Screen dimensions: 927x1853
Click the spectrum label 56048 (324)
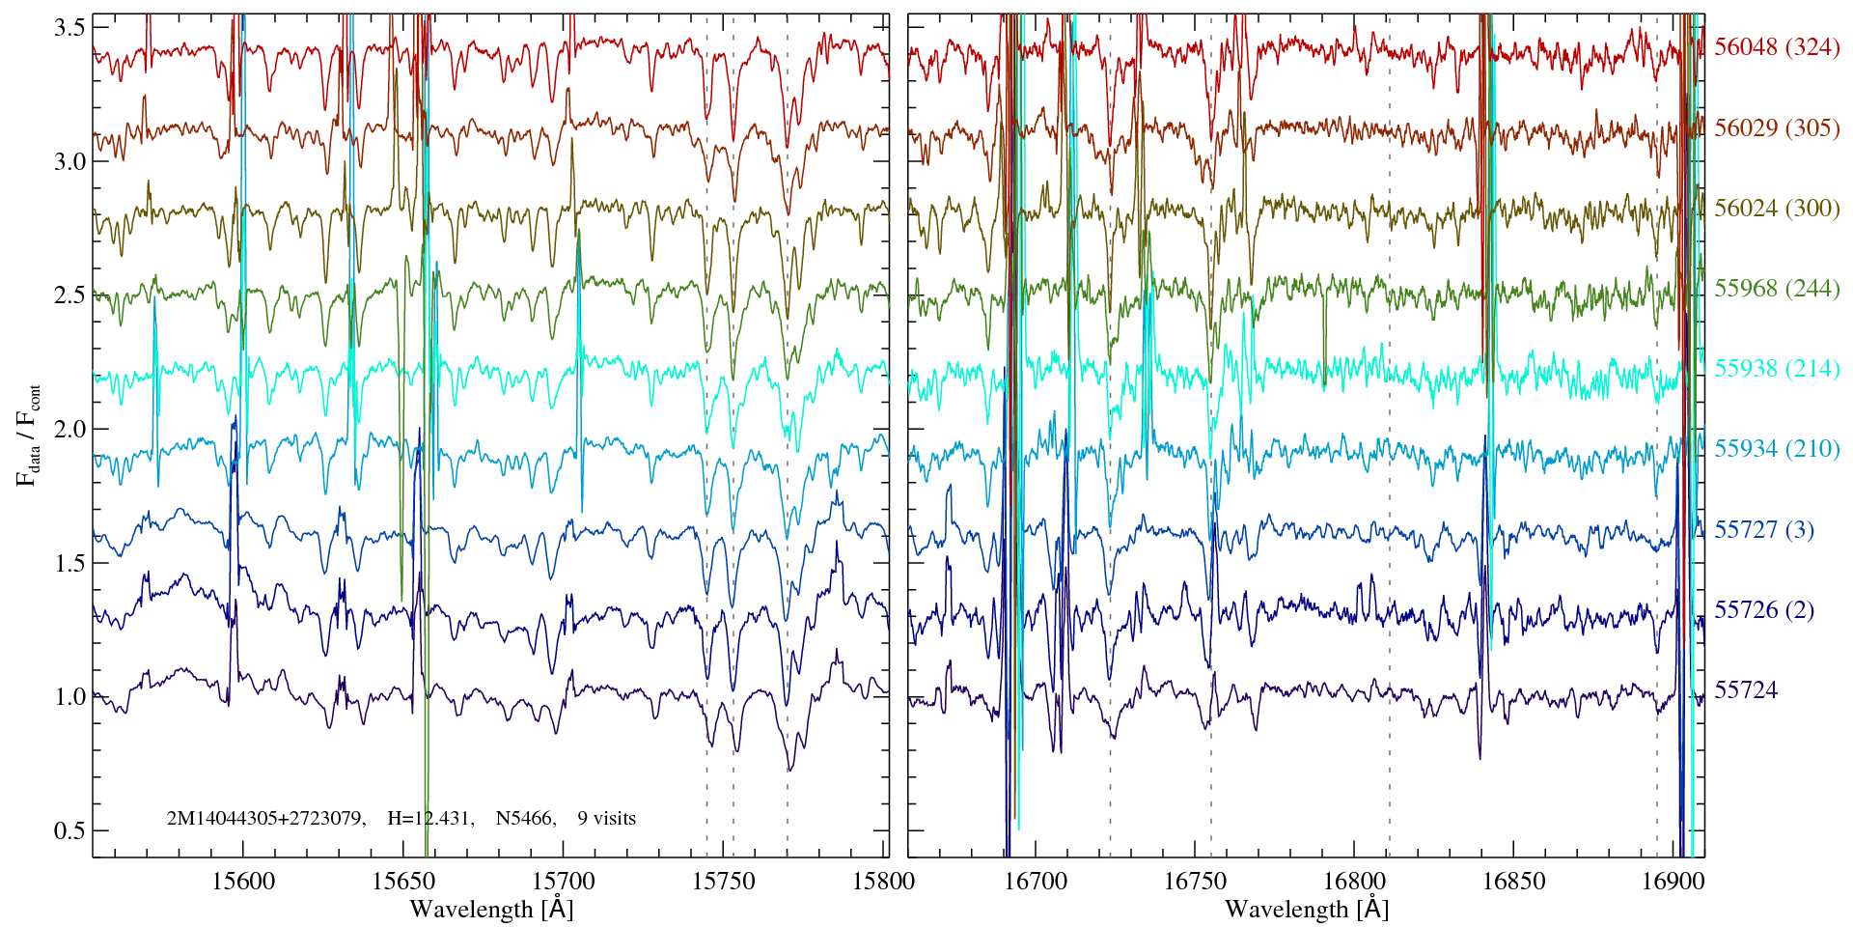click(x=1777, y=47)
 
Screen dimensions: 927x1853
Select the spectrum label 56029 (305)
click(x=1777, y=127)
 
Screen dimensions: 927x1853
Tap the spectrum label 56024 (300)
click(x=1777, y=208)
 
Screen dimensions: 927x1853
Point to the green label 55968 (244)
click(x=1777, y=288)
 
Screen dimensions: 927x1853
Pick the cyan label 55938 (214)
click(x=1777, y=368)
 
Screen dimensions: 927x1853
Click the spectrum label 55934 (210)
click(x=1777, y=448)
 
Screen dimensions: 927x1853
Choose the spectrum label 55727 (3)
click(x=1763, y=529)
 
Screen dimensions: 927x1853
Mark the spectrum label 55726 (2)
click(x=1763, y=609)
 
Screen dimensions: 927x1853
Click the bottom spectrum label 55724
click(x=1745, y=689)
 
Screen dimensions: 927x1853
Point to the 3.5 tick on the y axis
click(x=69, y=28)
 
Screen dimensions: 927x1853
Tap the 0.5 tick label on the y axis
click(x=69, y=830)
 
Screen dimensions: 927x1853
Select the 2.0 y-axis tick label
click(x=69, y=429)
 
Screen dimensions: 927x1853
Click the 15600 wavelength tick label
click(x=242, y=881)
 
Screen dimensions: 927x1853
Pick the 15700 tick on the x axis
click(x=564, y=881)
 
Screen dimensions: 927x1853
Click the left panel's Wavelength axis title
click(x=491, y=909)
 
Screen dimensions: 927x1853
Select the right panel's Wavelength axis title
click(x=1306, y=909)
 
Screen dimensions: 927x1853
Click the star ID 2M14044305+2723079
click(x=264, y=819)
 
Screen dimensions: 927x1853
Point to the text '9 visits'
click(x=606, y=819)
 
